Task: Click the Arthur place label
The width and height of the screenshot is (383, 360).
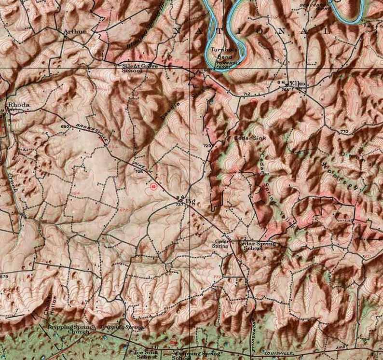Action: [x=75, y=31]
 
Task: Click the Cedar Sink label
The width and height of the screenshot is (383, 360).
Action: [x=246, y=138]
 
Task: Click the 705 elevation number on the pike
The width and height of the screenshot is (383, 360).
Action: [x=140, y=171]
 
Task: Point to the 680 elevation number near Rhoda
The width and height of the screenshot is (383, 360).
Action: [x=66, y=126]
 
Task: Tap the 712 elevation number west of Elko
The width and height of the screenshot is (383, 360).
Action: [x=247, y=94]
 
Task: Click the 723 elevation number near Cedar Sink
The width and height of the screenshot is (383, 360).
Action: [x=207, y=145]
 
